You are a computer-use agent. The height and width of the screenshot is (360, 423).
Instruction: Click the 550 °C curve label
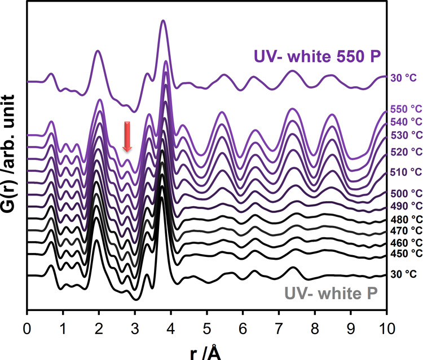point(406,110)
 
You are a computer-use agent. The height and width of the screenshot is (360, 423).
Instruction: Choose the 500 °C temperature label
point(406,193)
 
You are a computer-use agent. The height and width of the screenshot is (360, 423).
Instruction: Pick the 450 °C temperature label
point(406,253)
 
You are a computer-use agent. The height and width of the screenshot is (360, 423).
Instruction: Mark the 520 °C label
point(406,152)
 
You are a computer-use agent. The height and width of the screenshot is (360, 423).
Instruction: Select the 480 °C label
point(406,219)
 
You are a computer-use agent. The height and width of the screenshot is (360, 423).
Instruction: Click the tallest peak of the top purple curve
point(164,21)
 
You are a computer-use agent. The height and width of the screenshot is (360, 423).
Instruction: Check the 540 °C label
point(406,122)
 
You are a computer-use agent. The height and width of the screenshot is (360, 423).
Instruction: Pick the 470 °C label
point(406,230)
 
